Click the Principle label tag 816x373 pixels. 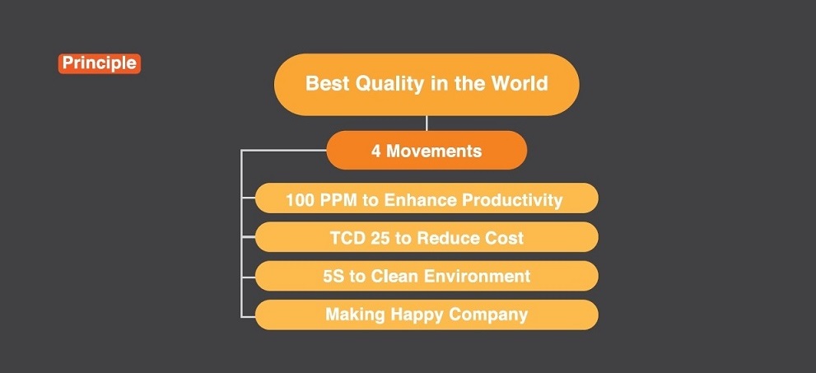[100, 63]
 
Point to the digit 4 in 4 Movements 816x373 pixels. [375, 151]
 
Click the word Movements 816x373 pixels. [434, 151]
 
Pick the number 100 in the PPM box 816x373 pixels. [298, 200]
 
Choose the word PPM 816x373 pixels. [337, 200]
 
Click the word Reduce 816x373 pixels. [446, 238]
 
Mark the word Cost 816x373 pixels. [502, 238]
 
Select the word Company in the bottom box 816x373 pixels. [488, 315]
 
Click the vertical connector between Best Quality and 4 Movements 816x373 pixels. [427, 124]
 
